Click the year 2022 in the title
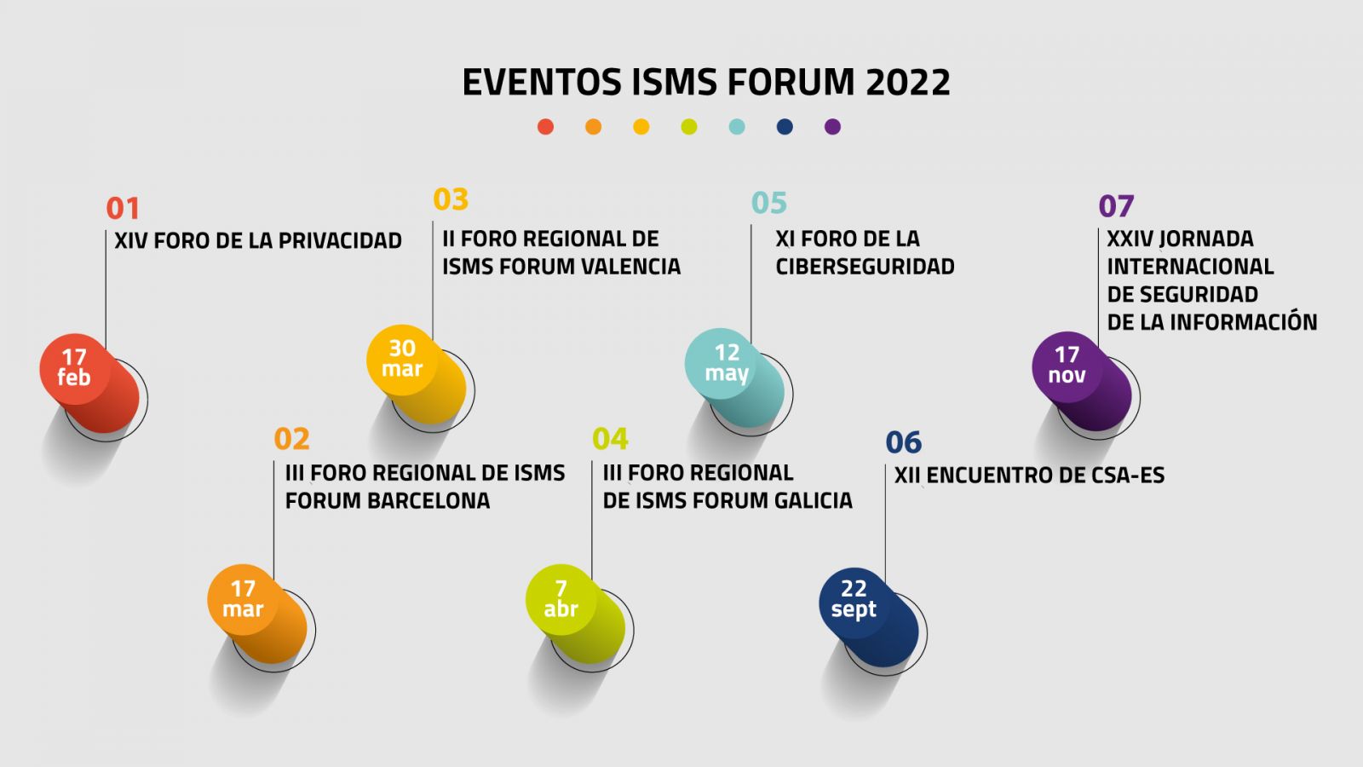click(907, 82)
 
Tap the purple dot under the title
click(832, 127)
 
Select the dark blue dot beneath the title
click(785, 127)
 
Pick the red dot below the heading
click(546, 127)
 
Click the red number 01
click(123, 208)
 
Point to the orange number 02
click(291, 438)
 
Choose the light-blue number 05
click(769, 203)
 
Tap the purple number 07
click(1116, 206)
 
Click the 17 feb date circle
click(75, 369)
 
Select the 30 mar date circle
click(401, 360)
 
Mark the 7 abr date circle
click(561, 600)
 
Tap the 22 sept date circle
click(854, 603)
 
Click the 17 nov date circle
click(1067, 367)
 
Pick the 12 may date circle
click(721, 363)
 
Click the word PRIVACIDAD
click(340, 240)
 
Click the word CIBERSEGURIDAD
click(865, 267)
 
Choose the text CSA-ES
click(1128, 476)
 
